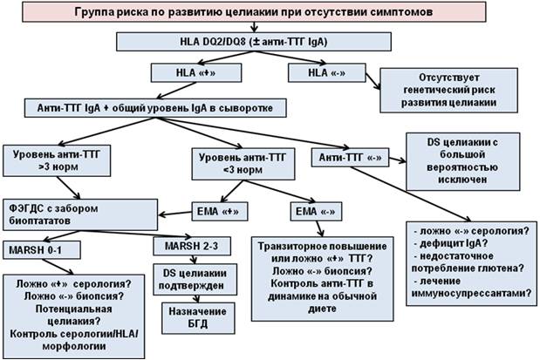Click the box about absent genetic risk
[x=442, y=91]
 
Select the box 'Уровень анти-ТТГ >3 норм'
[x=53, y=160]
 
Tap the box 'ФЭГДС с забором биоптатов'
[x=58, y=214]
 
